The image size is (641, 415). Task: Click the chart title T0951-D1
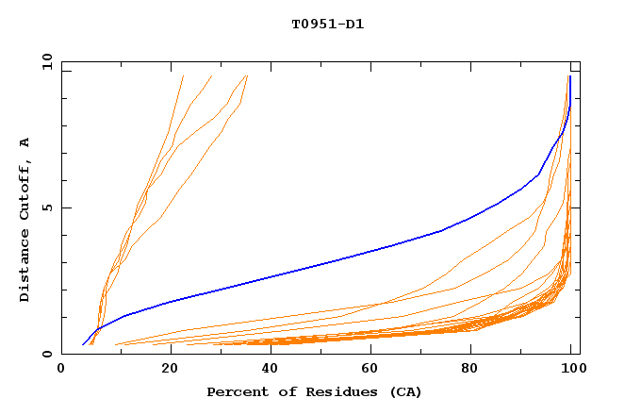(x=327, y=24)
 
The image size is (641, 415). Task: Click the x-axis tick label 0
(x=61, y=371)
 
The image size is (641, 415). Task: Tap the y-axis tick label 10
(x=45, y=61)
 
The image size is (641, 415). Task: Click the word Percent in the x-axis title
(x=236, y=391)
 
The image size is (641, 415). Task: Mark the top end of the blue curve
(x=569, y=76)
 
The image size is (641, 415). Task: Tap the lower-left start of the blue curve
(x=83, y=345)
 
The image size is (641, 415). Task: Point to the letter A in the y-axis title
(x=25, y=142)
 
